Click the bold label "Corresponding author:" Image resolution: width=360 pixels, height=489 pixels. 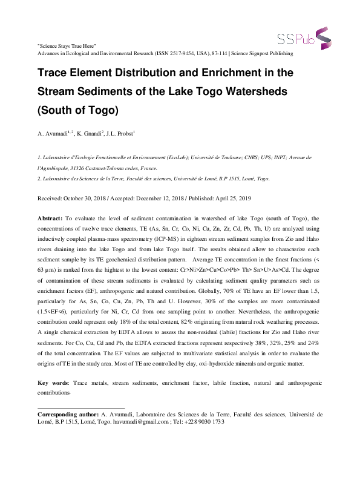click(68, 415)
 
